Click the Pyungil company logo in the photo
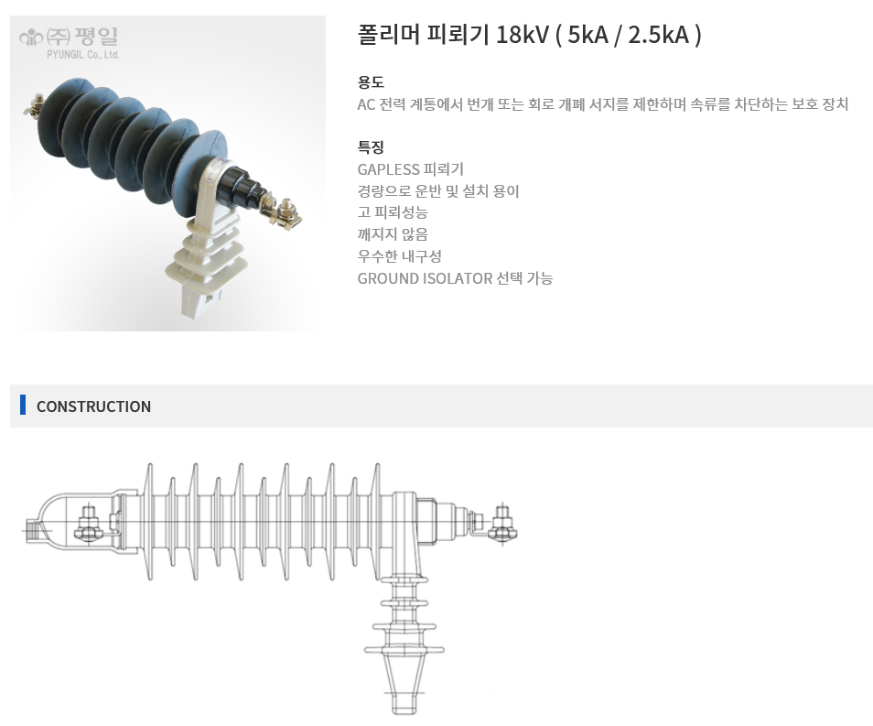coord(69,42)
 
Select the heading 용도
coord(371,81)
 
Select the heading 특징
coord(371,147)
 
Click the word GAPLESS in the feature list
coord(388,169)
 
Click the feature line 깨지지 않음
coord(393,234)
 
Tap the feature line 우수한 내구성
coord(399,256)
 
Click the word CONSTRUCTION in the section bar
coord(93,406)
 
